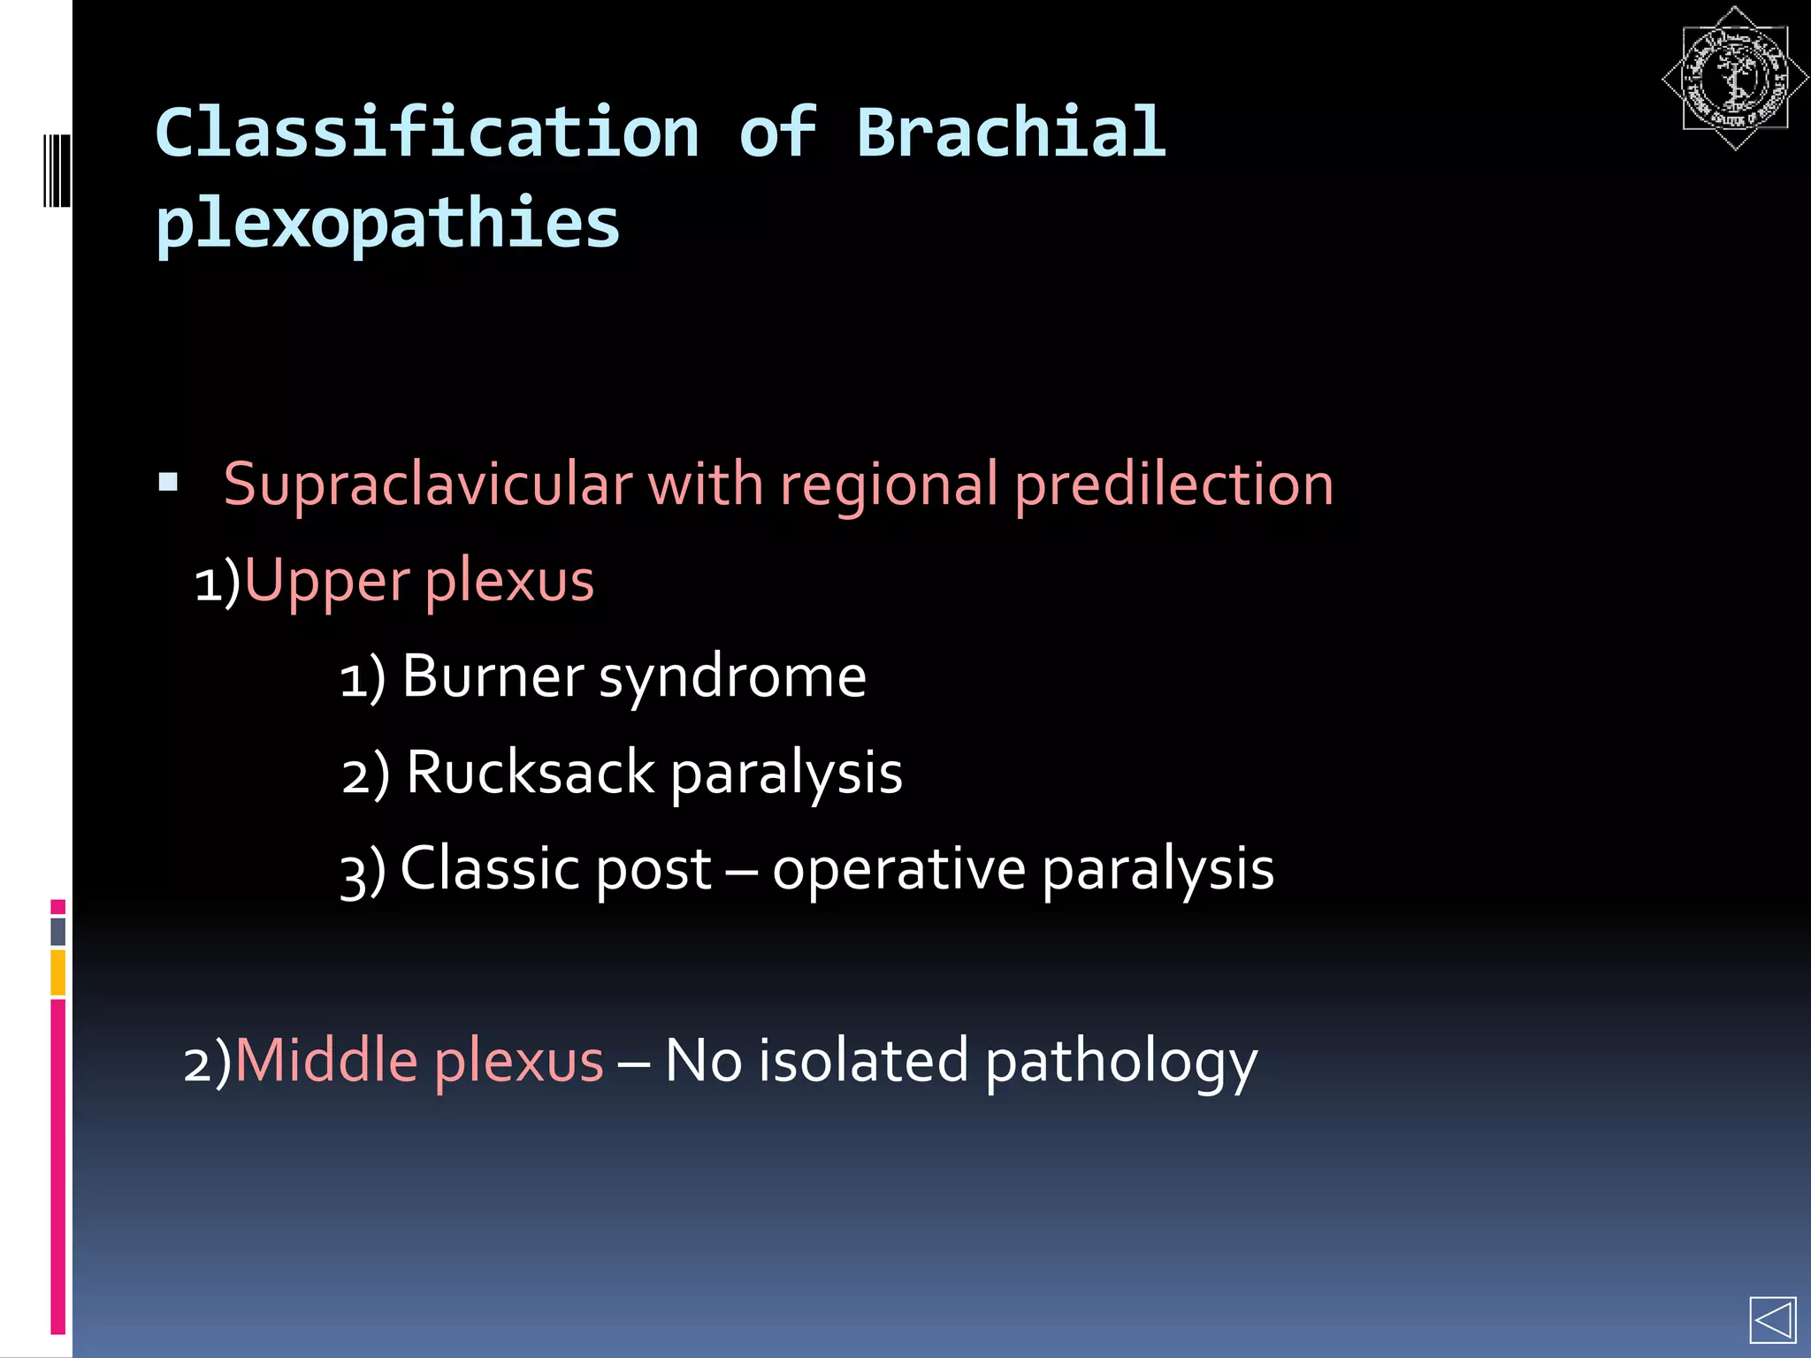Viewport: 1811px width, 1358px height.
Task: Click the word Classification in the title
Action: tap(427, 133)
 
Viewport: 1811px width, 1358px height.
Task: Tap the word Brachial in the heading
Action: tap(1011, 133)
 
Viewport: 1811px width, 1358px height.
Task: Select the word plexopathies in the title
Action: tap(387, 224)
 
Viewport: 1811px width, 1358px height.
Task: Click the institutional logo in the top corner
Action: tap(1734, 79)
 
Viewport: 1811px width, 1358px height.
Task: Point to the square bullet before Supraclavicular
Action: tap(168, 483)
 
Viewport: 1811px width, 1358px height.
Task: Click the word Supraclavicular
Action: tap(428, 485)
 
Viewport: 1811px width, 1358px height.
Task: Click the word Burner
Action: tap(493, 677)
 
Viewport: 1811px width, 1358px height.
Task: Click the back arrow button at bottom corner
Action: tap(1772, 1321)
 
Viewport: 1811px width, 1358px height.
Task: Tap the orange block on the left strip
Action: tap(58, 972)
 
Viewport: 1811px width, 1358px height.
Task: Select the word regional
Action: tap(889, 485)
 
